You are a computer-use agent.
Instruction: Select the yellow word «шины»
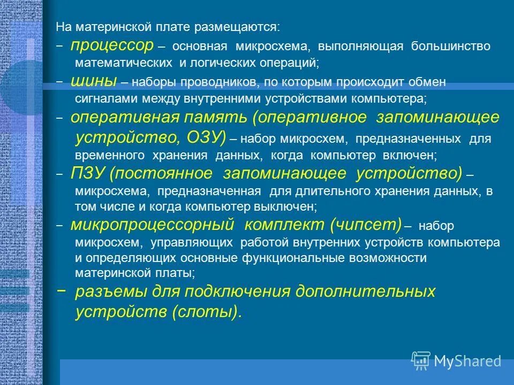[94, 81]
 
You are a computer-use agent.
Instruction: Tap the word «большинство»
[450, 47]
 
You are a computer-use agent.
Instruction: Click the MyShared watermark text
[467, 361]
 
